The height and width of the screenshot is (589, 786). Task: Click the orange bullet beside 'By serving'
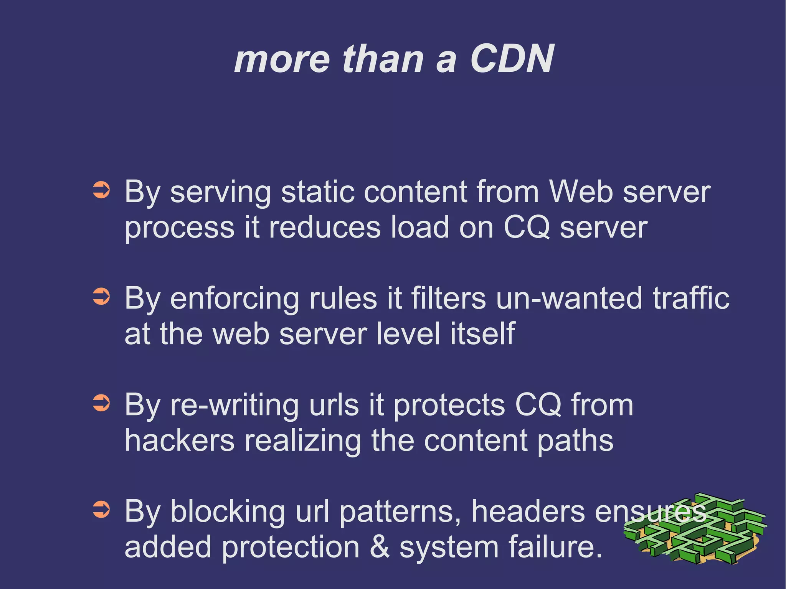(102, 190)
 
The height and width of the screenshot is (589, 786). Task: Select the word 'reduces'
(325, 227)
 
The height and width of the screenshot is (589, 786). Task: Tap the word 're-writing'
(234, 405)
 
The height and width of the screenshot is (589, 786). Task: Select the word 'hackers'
(180, 440)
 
